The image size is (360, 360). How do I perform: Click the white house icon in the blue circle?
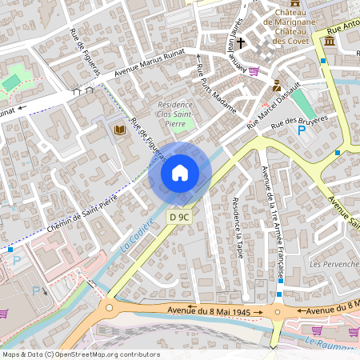click(x=180, y=172)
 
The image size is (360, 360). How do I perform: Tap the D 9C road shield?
click(x=178, y=217)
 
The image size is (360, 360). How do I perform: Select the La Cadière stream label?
click(x=136, y=235)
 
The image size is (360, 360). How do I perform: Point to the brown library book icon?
click(x=121, y=130)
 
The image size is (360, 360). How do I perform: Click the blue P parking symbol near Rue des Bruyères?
click(x=302, y=130)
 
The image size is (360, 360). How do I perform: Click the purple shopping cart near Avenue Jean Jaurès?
click(x=255, y=71)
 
